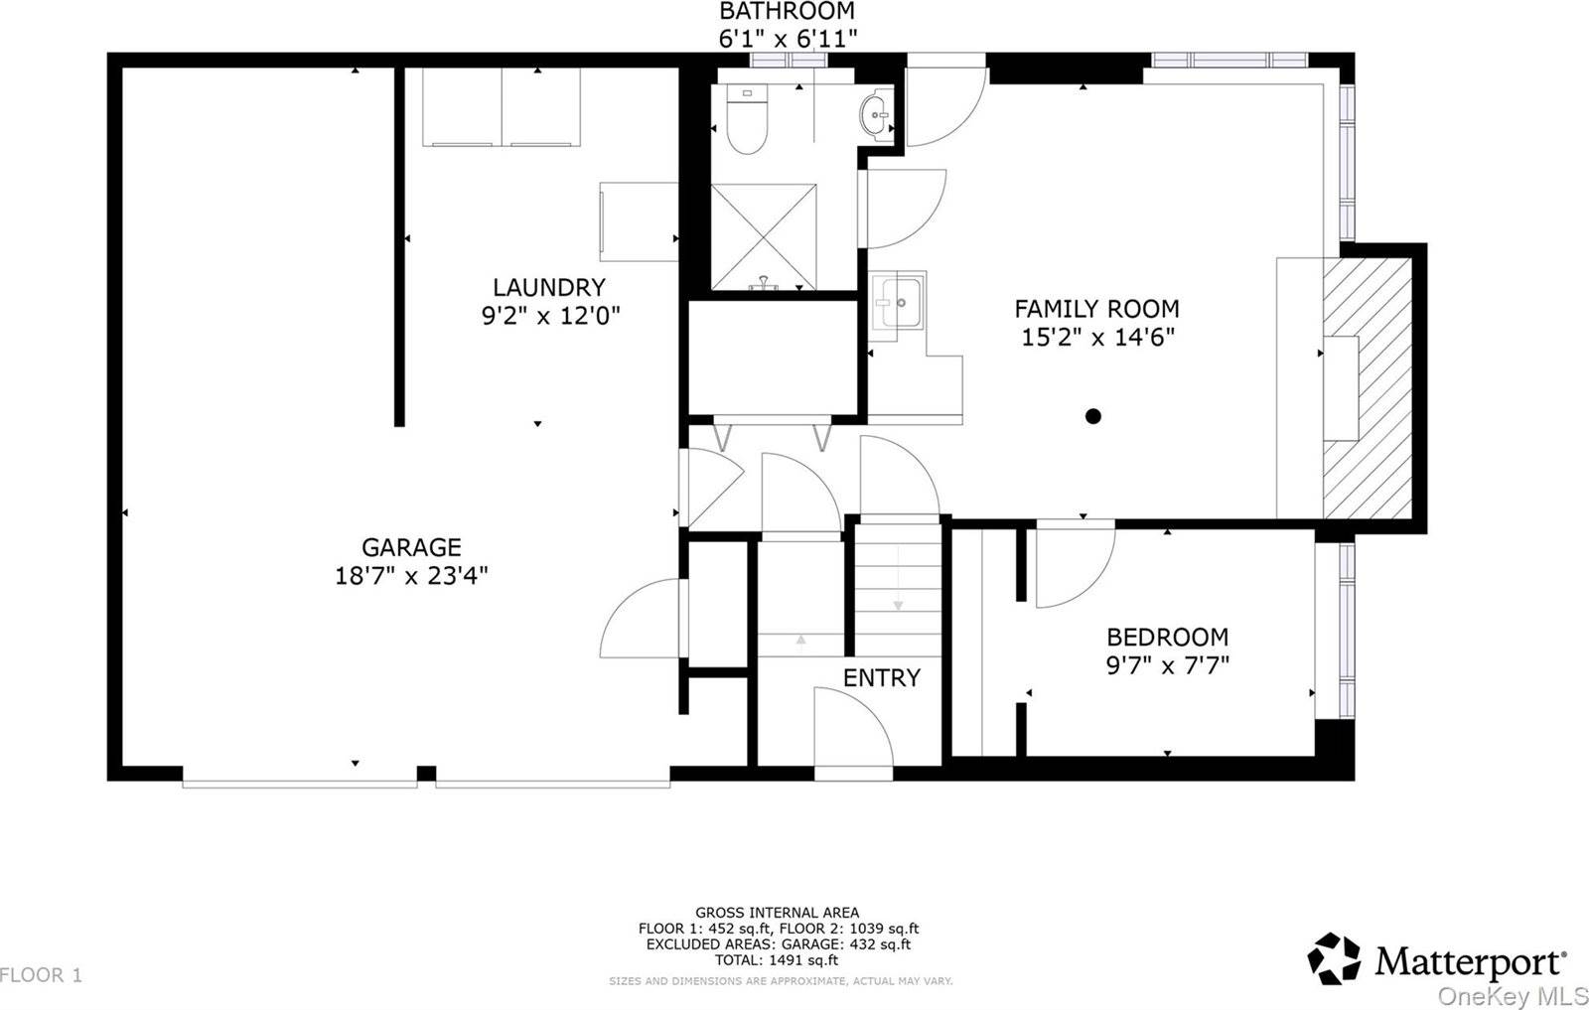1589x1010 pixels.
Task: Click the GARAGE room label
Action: [x=411, y=547]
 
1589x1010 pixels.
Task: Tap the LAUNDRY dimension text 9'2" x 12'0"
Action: [x=550, y=316]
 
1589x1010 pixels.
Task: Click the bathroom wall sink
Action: [x=876, y=114]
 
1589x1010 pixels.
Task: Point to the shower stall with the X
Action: [x=763, y=236]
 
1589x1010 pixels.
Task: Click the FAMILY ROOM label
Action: [x=1096, y=309]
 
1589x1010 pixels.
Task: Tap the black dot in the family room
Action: [x=1093, y=416]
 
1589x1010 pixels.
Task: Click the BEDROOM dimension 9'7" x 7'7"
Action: [x=1168, y=664]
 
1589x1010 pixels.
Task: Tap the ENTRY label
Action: [x=881, y=678]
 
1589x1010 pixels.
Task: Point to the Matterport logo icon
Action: [x=1334, y=958]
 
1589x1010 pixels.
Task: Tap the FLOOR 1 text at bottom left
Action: [x=42, y=975]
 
